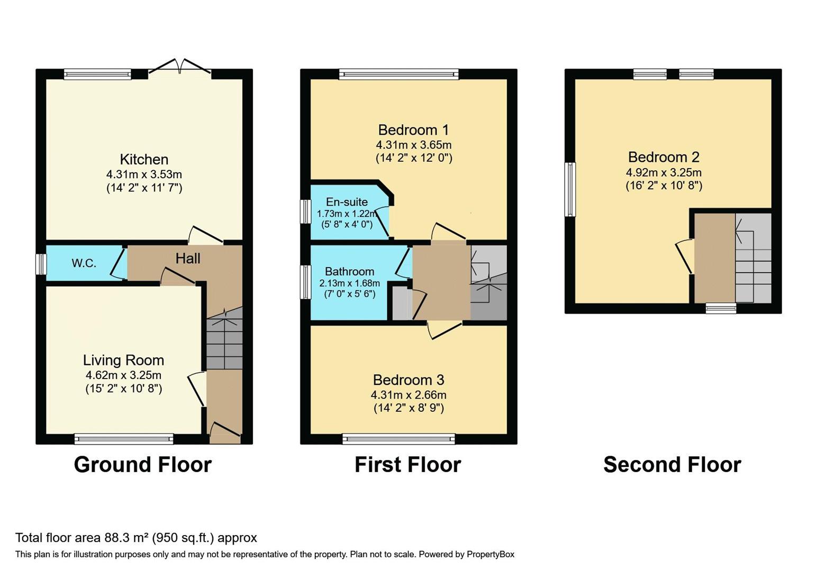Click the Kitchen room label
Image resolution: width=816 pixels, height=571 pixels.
144,159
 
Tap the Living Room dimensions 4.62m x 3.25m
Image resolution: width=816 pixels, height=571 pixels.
123,375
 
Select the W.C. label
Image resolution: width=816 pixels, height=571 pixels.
84,263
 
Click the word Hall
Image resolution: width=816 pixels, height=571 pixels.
188,259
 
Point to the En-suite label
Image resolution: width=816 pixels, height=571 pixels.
347,201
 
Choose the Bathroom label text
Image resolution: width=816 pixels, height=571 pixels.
350,271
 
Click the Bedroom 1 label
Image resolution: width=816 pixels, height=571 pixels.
413,130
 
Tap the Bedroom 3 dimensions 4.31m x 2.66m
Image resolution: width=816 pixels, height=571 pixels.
409,395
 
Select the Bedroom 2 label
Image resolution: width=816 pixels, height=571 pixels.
664,157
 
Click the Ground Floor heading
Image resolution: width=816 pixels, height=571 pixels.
143,465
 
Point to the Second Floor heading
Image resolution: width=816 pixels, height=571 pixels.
673,465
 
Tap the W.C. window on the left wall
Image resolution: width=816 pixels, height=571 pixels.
41,263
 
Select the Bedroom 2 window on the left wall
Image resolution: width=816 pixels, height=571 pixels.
570,189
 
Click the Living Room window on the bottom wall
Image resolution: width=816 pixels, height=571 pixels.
124,439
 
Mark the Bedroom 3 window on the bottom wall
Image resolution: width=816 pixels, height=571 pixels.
399,439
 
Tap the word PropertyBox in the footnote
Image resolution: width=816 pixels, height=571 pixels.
491,555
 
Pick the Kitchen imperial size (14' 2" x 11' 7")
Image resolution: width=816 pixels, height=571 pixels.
144,188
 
